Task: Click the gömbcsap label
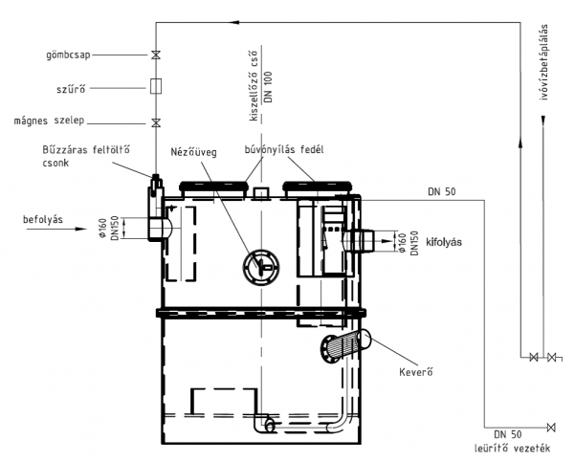click(68, 55)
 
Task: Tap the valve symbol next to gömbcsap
click(156, 55)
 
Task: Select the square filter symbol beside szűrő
click(156, 86)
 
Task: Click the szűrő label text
click(71, 88)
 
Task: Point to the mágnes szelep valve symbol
click(156, 122)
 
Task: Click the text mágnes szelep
click(49, 121)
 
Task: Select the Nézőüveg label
click(193, 152)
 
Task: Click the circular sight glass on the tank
click(261, 267)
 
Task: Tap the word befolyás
click(43, 220)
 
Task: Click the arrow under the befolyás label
click(56, 230)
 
